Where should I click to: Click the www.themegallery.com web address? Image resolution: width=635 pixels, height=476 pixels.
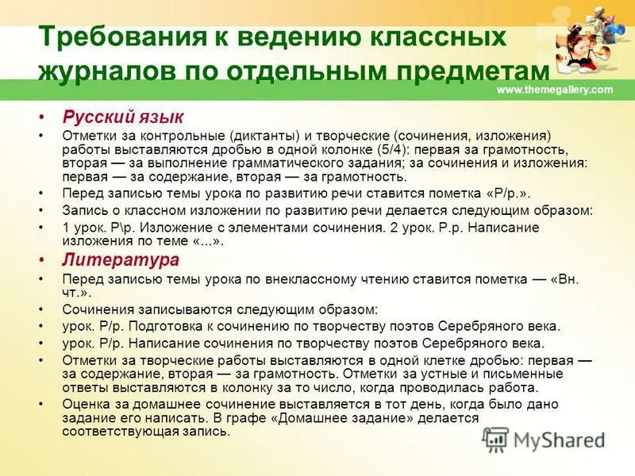tap(554, 90)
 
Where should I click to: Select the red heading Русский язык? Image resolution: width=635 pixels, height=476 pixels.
tap(123, 117)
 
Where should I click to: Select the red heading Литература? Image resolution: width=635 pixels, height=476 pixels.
tap(121, 260)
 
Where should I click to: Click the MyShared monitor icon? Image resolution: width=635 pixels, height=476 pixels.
tap(495, 440)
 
